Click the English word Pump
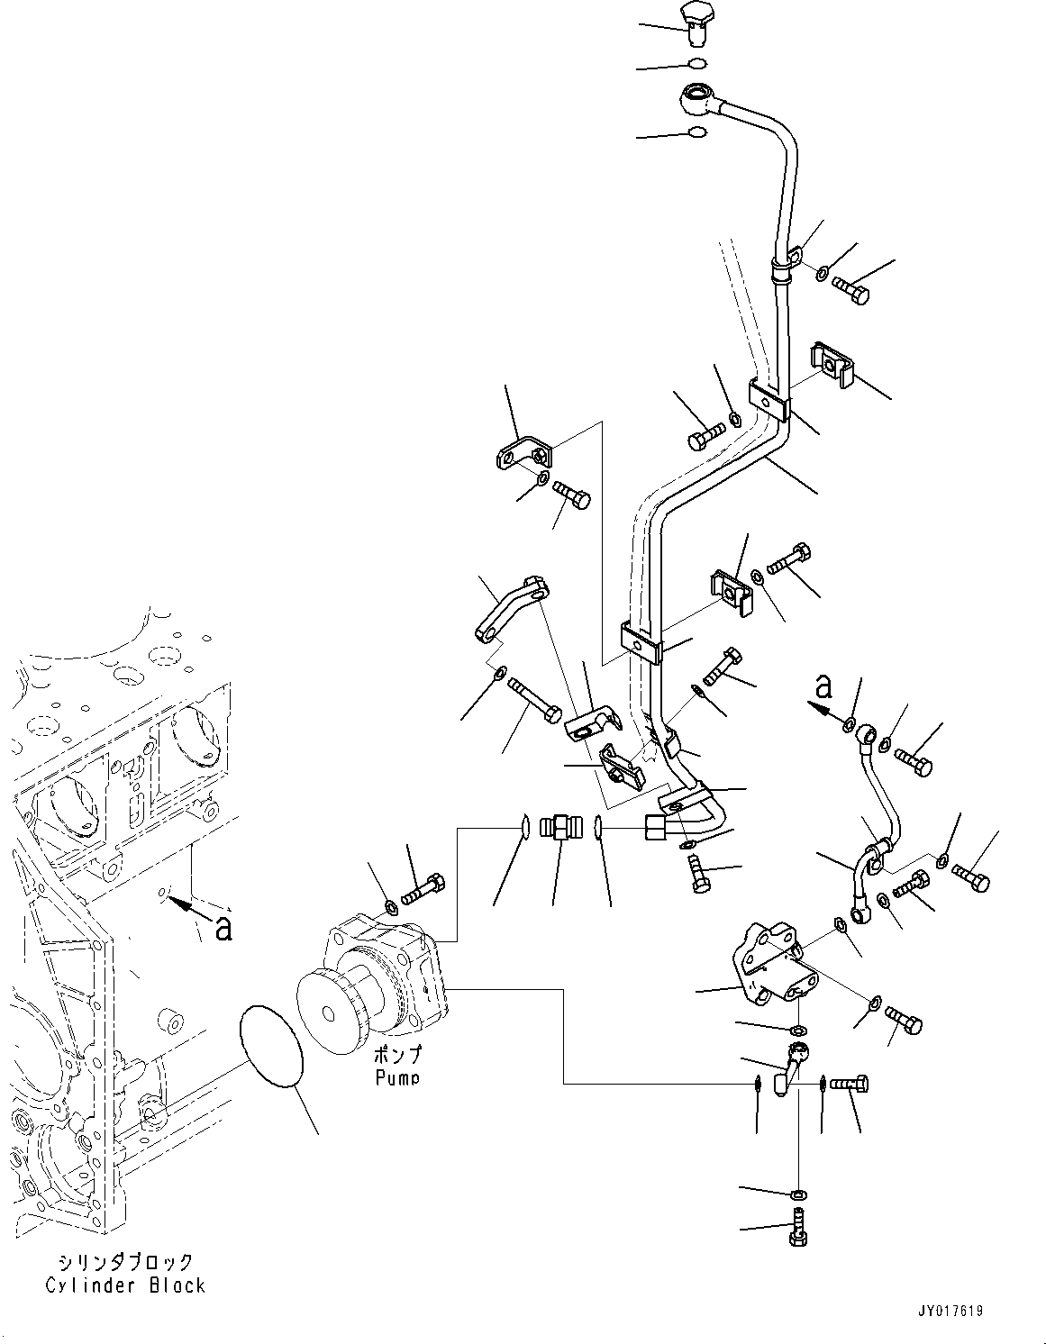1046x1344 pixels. [x=397, y=1076]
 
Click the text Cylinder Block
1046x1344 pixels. [x=126, y=1285]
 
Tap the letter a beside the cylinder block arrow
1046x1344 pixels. [x=223, y=928]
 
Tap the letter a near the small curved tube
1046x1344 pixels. [x=823, y=686]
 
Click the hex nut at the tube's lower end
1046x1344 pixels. [x=657, y=826]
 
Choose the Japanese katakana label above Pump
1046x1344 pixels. [x=397, y=1055]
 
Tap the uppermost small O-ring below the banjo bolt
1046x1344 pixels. [x=696, y=64]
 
